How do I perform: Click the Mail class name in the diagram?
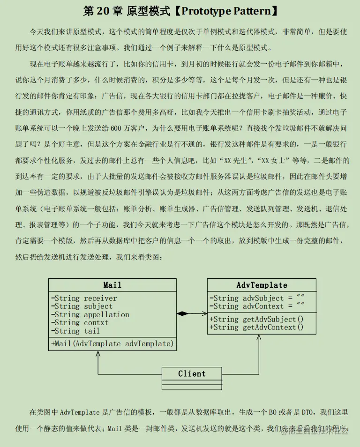point(112,285)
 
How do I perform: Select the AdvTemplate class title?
point(262,285)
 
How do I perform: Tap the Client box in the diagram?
point(192,373)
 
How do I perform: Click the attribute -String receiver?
point(84,298)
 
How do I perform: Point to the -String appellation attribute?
point(90,314)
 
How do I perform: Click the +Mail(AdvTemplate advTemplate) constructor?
point(112,343)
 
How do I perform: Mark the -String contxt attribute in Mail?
point(80,323)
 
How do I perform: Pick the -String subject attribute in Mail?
point(82,306)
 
